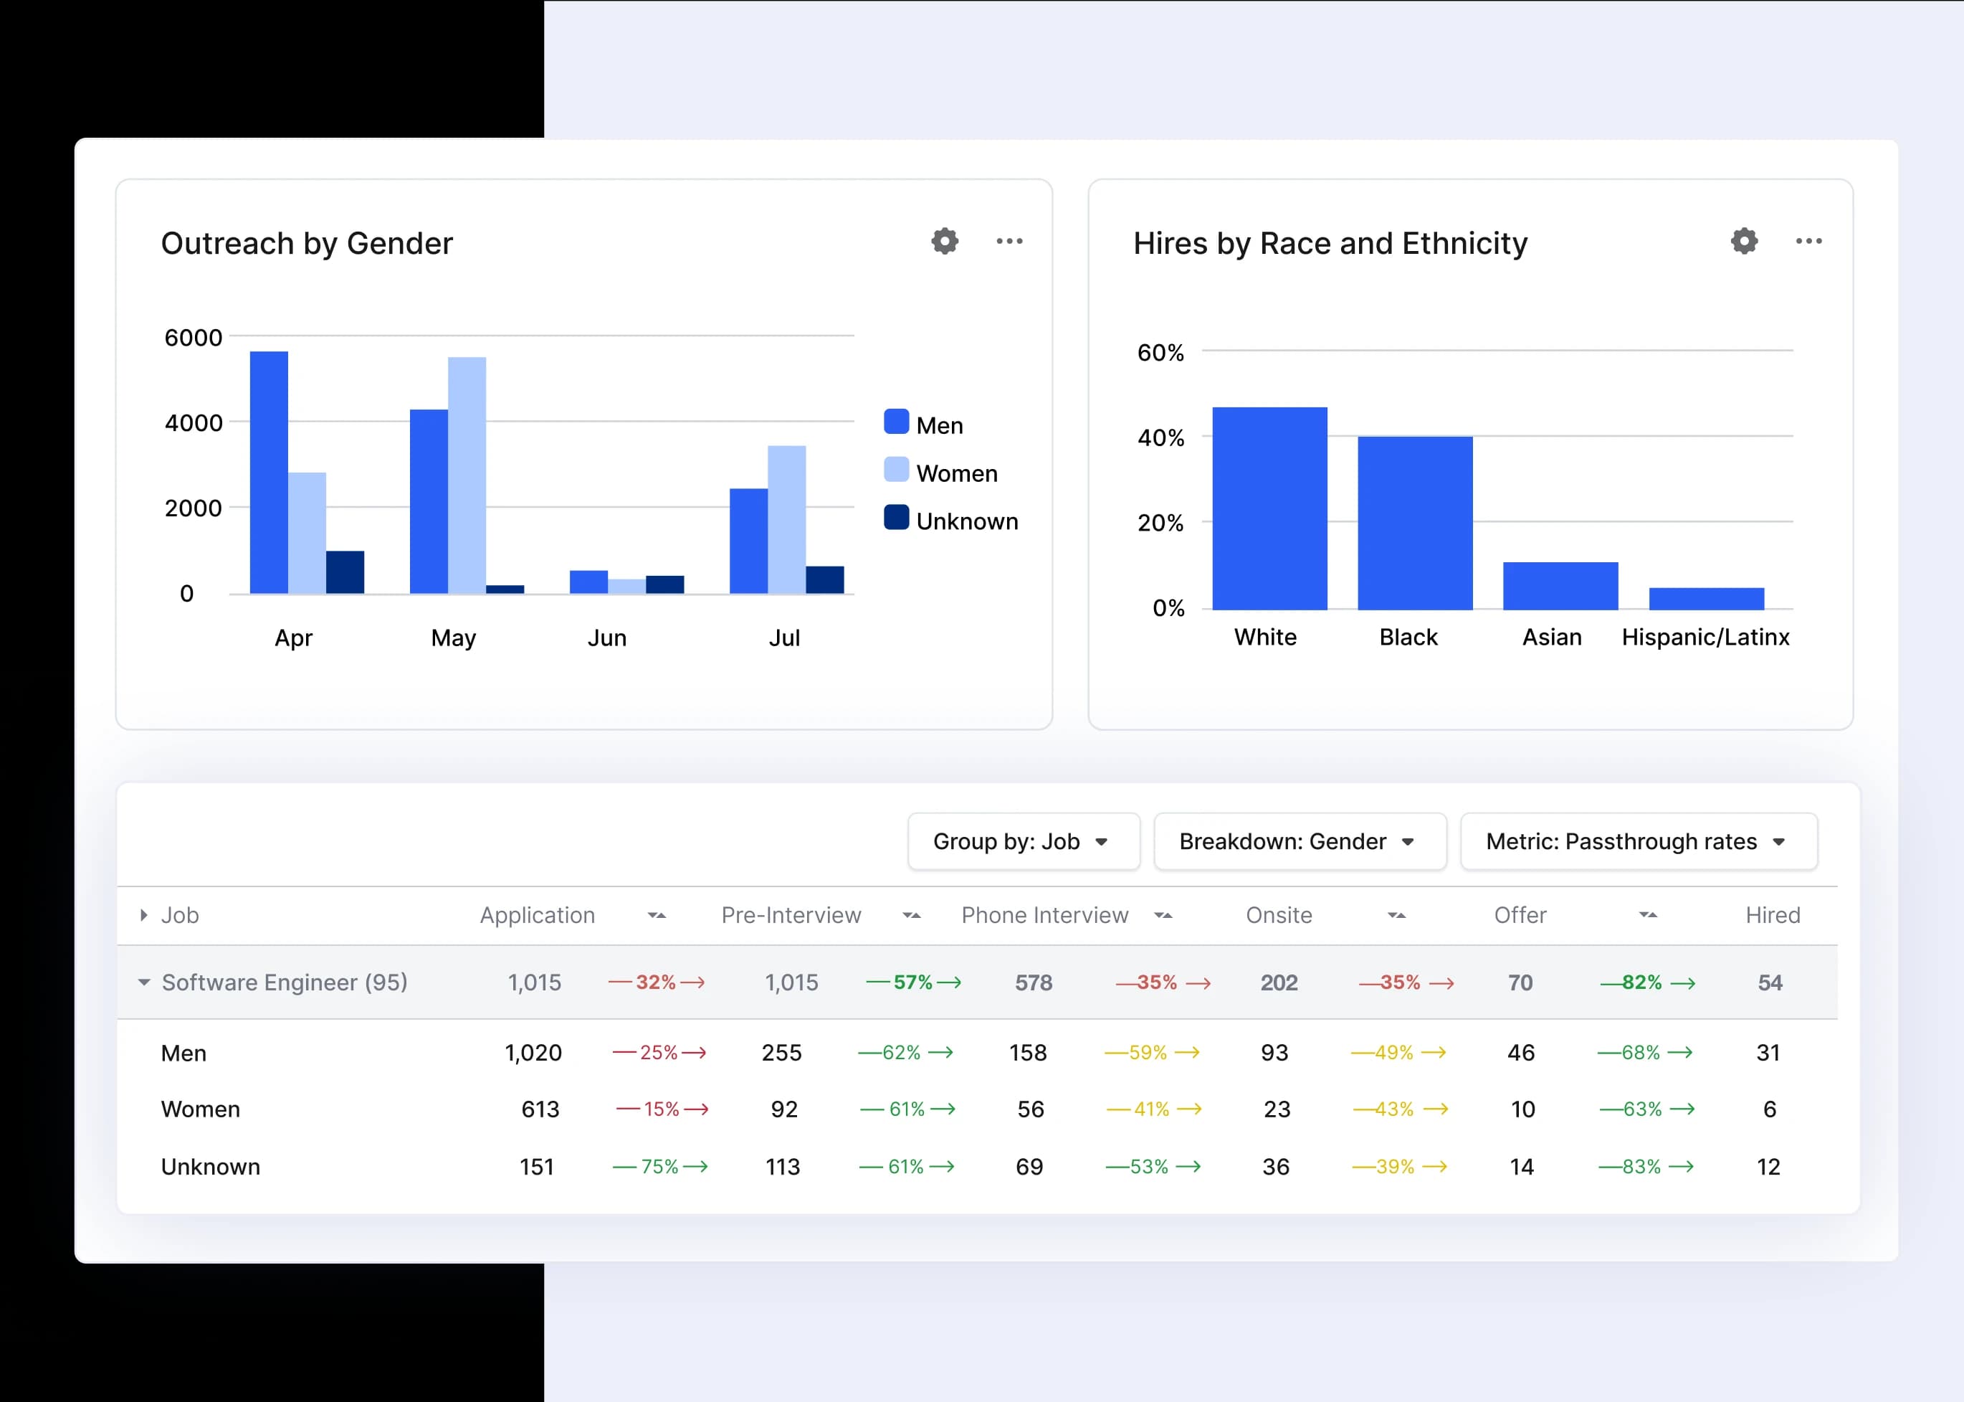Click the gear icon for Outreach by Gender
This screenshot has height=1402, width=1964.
pos(945,242)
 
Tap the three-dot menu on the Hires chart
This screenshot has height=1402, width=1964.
pos(1808,242)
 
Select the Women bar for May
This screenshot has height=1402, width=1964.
pos(467,475)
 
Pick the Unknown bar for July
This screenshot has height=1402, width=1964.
pos(825,579)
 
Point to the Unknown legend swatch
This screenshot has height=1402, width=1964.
pos(897,518)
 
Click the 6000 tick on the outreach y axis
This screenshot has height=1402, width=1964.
pos(194,338)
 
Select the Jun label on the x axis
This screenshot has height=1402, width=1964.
pos(606,638)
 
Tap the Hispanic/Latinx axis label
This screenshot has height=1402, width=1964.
pos(1705,637)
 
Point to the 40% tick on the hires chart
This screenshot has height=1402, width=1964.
pos(1160,437)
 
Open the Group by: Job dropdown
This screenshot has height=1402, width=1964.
pos(1024,842)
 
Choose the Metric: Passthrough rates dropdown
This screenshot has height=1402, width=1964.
pos(1638,842)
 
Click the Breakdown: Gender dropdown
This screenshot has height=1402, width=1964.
pos(1300,842)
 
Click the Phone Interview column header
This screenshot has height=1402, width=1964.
pos(1044,915)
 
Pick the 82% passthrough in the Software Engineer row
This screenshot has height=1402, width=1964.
pos(1641,982)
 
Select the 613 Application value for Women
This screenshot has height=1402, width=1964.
pos(540,1109)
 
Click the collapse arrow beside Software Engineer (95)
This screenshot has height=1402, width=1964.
pos(144,982)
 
